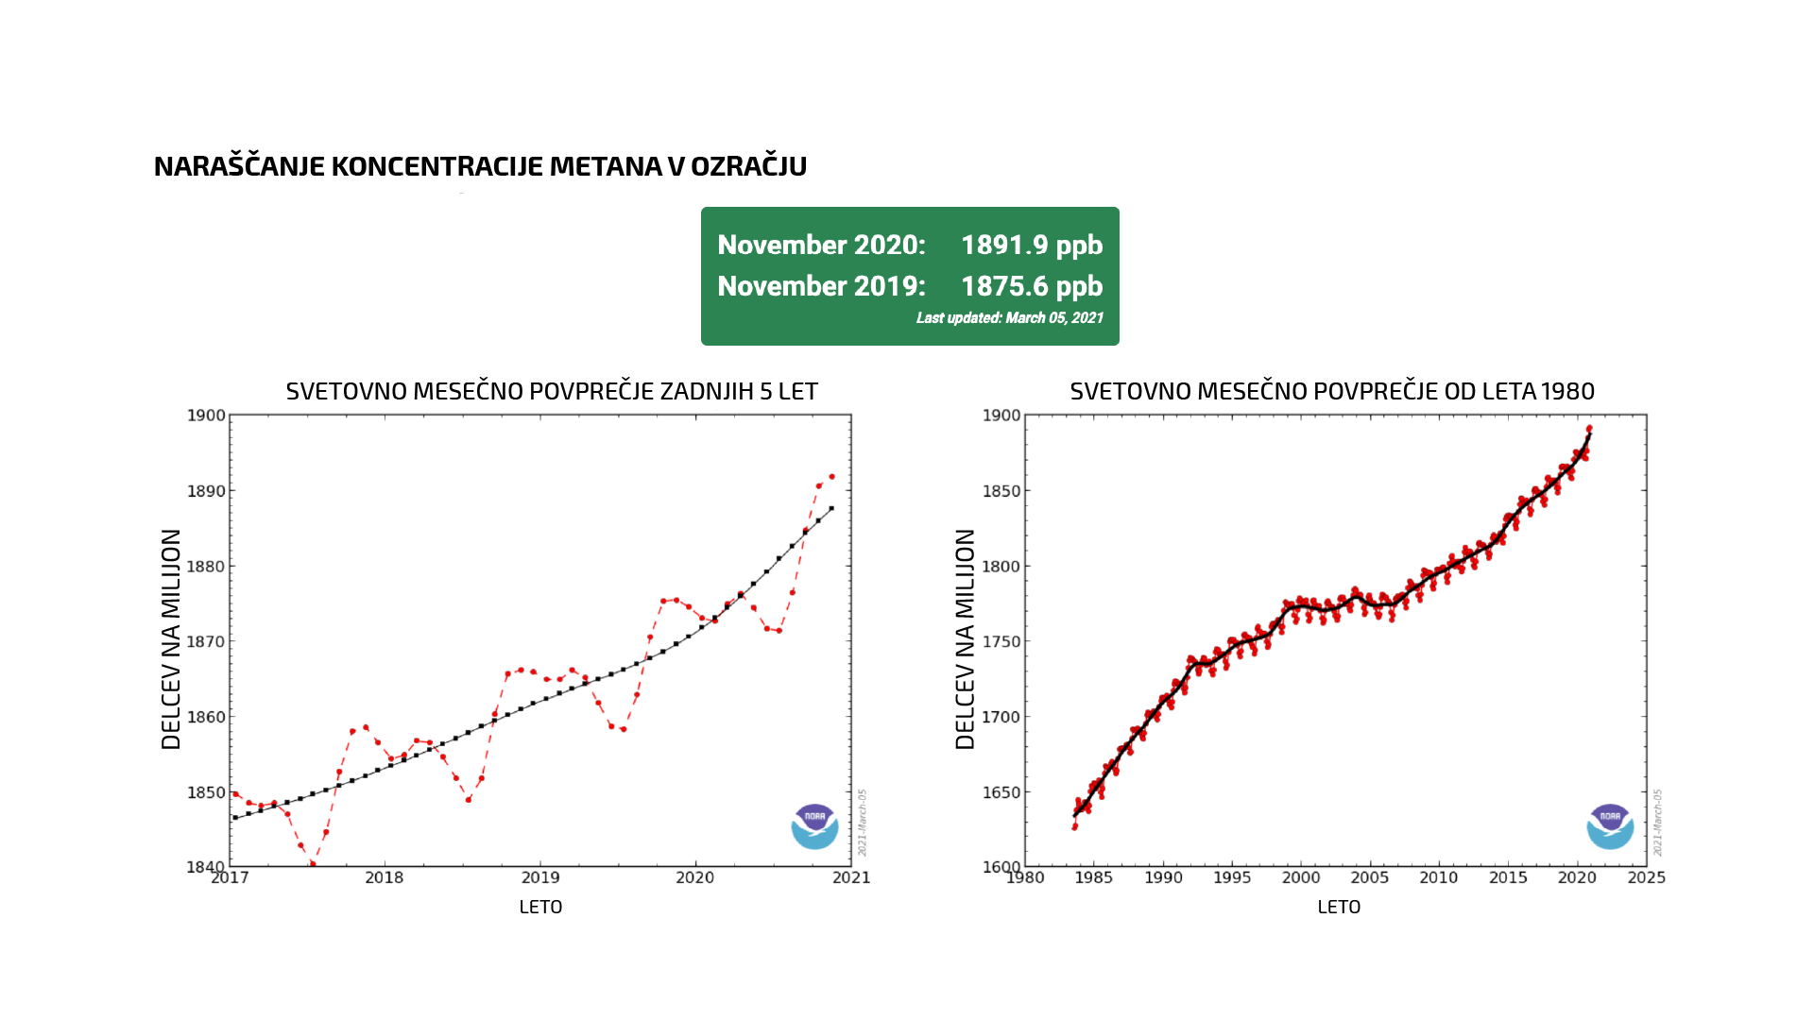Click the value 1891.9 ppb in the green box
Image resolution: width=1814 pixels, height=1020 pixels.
point(1032,245)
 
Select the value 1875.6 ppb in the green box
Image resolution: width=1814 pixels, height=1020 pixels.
point(1032,286)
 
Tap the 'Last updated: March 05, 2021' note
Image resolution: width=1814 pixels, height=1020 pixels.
point(1009,318)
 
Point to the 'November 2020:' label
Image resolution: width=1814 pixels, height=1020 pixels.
point(821,245)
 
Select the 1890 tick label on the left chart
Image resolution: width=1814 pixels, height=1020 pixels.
point(206,491)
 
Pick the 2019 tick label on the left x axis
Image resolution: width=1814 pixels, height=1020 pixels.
point(539,877)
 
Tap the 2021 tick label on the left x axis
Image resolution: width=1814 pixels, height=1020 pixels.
point(851,877)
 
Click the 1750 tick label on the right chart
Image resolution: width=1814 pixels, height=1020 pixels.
point(1001,641)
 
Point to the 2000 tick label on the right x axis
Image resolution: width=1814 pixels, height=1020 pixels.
point(1301,877)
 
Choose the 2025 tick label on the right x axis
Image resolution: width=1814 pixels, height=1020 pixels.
point(1646,877)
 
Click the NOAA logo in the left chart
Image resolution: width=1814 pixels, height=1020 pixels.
point(814,826)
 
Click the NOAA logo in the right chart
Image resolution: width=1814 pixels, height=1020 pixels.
point(1610,826)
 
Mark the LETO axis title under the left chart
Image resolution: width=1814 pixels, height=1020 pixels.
point(540,907)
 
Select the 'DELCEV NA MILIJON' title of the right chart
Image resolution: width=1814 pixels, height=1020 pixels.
point(965,639)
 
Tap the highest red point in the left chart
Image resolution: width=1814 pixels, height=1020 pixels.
point(831,476)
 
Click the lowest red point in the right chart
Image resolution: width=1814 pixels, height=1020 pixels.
point(1074,827)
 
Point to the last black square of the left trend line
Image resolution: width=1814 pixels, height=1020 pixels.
point(831,508)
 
